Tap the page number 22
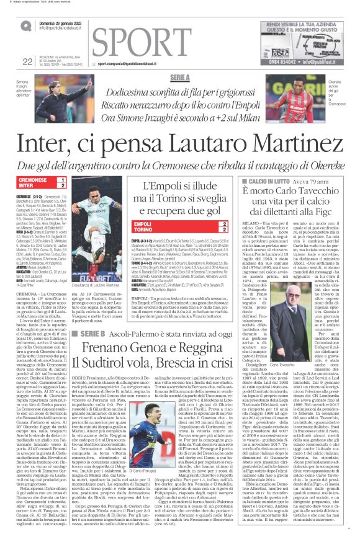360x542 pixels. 26,61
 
